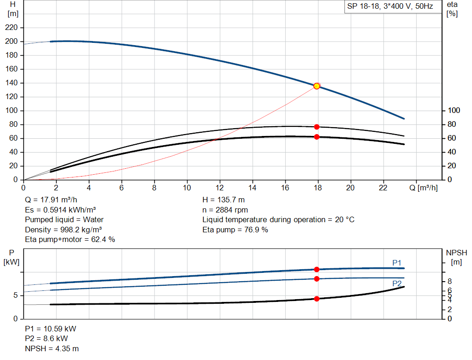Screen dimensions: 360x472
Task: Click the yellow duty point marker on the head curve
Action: coord(317,86)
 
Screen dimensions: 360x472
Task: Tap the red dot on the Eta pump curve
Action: coord(317,127)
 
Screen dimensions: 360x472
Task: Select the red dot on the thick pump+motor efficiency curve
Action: coord(317,137)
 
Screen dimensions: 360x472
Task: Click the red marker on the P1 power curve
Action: coord(317,270)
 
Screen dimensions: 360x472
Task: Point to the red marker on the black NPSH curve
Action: coord(317,299)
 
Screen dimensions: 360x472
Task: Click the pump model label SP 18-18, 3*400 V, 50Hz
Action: coord(389,7)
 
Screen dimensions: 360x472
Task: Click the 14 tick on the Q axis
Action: coord(252,188)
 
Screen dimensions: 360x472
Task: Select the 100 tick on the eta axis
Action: coord(454,111)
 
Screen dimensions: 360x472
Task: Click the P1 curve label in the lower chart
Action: coord(397,263)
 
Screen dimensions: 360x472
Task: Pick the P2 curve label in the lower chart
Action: coord(397,283)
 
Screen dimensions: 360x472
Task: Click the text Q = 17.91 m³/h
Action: coord(51,200)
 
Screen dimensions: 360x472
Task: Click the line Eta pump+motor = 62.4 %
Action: coord(70,239)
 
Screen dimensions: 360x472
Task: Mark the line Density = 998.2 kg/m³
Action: coord(63,230)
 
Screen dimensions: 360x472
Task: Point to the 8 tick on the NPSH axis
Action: coord(450,281)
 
